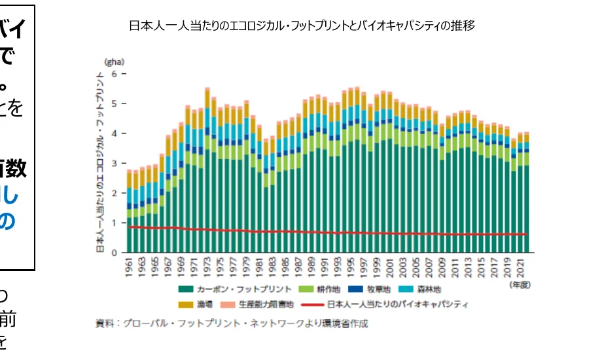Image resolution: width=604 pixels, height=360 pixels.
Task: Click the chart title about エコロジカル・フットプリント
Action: [x=302, y=26]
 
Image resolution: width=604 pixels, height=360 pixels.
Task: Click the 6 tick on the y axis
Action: [x=114, y=73]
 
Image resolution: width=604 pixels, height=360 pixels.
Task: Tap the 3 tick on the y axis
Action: [x=114, y=163]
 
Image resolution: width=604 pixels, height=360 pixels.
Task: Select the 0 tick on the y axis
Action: [x=114, y=253]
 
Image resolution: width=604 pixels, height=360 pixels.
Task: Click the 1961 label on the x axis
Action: [x=130, y=268]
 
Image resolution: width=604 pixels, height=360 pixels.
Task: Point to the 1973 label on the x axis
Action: [x=207, y=268]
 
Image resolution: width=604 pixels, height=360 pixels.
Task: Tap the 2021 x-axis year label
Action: [x=519, y=268]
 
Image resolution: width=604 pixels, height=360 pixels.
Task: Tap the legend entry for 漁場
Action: [x=194, y=304]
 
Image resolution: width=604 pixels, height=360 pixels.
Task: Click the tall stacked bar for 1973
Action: [x=207, y=170]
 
